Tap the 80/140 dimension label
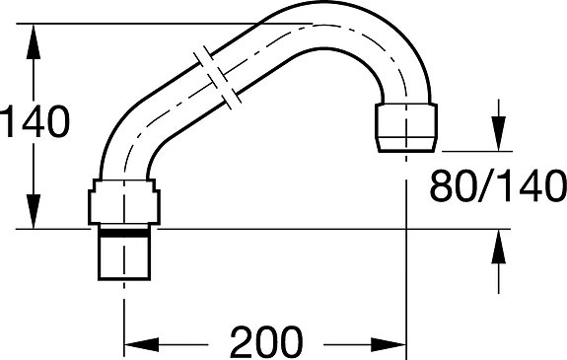tap(497, 184)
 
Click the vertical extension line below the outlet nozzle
tap(408, 247)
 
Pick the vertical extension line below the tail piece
tap(122, 316)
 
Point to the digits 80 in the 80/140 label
tap(451, 184)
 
